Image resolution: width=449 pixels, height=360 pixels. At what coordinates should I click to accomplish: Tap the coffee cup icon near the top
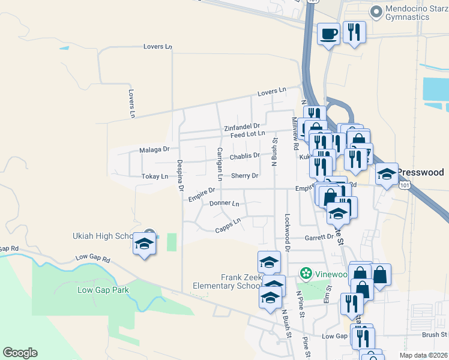328,34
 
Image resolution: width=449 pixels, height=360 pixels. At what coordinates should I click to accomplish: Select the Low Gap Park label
103,290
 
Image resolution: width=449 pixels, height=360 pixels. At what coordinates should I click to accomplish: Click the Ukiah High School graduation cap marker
144,244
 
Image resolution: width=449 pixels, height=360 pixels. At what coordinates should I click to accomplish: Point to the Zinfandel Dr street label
241,127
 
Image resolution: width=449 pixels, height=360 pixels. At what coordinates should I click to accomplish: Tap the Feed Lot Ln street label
247,134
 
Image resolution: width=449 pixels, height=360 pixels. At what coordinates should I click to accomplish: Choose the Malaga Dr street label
155,149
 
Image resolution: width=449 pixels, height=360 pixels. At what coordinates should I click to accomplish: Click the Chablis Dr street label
245,156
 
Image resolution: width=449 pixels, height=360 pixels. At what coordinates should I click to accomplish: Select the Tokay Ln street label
155,176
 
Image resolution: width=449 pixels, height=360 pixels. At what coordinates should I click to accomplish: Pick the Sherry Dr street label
244,176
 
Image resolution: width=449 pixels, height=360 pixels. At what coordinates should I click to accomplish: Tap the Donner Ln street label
224,204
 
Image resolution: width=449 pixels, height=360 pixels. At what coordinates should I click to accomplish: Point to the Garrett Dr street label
319,237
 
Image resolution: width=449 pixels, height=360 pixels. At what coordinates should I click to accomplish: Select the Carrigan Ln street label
220,164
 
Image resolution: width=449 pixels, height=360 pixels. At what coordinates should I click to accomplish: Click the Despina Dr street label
180,175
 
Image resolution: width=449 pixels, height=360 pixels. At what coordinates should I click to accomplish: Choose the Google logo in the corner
20,353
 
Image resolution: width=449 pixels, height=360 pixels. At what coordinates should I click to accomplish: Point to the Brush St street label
435,334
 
